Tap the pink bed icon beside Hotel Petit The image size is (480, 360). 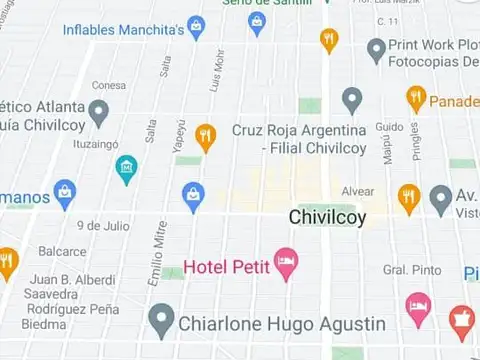[x=286, y=263]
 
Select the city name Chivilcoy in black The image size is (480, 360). [x=327, y=217]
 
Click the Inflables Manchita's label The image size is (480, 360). [x=123, y=29]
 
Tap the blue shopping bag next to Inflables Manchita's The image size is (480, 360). [x=196, y=27]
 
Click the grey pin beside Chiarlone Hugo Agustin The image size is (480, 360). [x=161, y=321]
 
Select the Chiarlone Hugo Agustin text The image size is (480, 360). [x=281, y=324]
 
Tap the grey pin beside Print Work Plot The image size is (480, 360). [x=376, y=49]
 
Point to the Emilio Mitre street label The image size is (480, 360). [x=156, y=255]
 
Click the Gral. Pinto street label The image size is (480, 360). [x=411, y=270]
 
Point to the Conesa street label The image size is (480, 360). [x=109, y=85]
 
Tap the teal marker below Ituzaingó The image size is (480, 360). [x=126, y=169]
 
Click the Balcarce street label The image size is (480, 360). [x=62, y=251]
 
